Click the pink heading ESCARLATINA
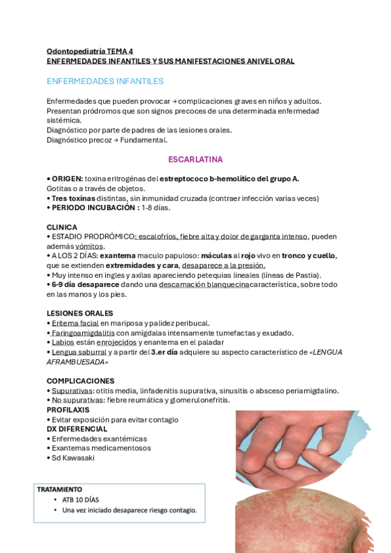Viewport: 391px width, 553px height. pos(195,159)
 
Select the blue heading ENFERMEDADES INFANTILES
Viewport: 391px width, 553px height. pos(104,82)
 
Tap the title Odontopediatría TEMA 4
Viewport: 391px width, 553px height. pos(89,51)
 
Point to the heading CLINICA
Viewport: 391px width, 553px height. pos(61,227)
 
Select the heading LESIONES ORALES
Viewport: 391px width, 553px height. pos(80,313)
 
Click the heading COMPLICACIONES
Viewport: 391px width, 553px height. pos(80,381)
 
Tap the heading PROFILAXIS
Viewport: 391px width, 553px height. pos(68,410)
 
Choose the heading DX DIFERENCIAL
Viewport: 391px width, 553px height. pos(76,429)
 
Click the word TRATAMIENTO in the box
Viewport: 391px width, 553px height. pos(59,489)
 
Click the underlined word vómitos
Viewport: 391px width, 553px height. pos(89,246)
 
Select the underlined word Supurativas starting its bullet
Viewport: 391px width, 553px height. pos(72,391)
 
